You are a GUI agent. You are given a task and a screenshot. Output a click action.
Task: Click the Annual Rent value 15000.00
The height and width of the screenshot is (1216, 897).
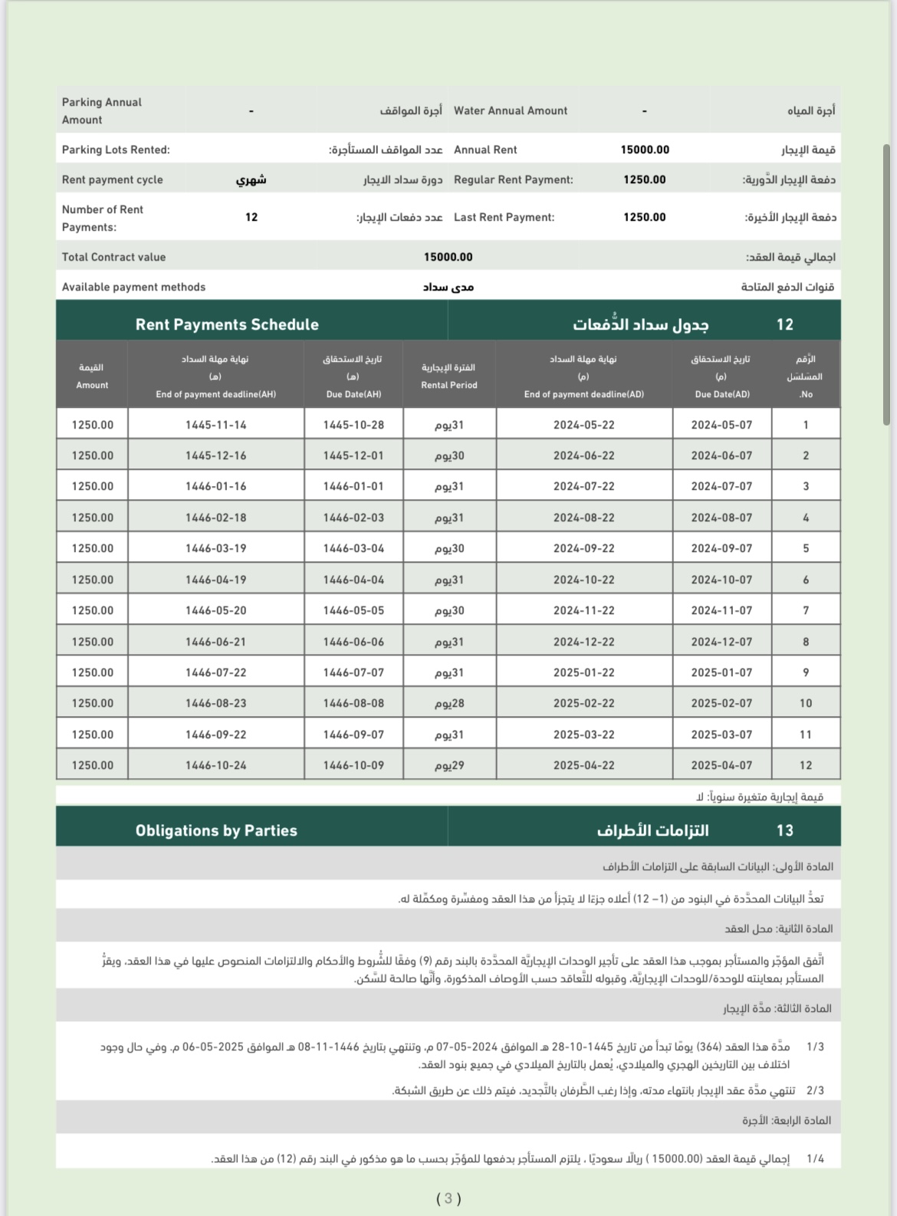tap(645, 150)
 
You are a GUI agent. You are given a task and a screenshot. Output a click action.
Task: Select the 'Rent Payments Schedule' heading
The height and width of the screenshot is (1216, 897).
tap(227, 324)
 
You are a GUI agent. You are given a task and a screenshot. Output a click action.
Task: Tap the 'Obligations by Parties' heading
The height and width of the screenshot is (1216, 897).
tap(216, 830)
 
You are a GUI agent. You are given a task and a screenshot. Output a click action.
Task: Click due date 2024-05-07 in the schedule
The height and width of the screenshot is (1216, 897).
tap(721, 425)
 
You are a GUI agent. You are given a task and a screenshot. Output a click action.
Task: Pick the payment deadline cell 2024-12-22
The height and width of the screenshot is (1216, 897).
tap(583, 642)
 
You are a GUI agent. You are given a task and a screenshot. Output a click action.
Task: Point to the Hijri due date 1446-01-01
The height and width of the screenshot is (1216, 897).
tap(353, 486)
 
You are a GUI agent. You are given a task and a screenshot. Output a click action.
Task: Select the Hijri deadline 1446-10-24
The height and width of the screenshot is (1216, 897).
tap(215, 765)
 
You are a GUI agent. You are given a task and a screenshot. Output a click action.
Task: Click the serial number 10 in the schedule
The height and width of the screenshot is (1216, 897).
tap(806, 703)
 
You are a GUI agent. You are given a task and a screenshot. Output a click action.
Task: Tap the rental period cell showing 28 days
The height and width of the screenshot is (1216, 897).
tap(449, 703)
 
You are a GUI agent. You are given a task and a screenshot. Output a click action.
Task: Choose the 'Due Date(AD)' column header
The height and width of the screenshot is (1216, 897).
tap(722, 394)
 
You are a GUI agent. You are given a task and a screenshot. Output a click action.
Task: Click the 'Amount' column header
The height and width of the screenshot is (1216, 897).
tap(92, 385)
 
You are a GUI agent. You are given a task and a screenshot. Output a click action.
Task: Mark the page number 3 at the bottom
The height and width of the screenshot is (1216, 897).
tap(449, 1198)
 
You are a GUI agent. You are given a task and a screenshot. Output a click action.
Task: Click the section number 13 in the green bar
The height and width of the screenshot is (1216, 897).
tap(785, 830)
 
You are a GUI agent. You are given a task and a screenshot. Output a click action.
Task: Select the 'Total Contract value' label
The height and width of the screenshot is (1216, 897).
tap(113, 257)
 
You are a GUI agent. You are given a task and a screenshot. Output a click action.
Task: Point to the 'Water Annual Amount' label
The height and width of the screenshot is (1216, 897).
tap(511, 110)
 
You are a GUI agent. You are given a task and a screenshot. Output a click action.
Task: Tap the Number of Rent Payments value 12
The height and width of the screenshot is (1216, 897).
tap(251, 217)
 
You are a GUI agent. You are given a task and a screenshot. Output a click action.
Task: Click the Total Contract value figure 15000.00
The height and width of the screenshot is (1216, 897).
tap(448, 257)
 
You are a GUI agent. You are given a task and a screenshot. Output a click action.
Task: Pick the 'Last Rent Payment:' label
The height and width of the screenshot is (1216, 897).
tap(504, 217)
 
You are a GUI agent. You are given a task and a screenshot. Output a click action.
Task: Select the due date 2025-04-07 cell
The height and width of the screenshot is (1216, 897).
tap(721, 765)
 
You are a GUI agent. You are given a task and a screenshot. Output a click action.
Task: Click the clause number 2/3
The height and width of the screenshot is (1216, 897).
tap(815, 1090)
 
